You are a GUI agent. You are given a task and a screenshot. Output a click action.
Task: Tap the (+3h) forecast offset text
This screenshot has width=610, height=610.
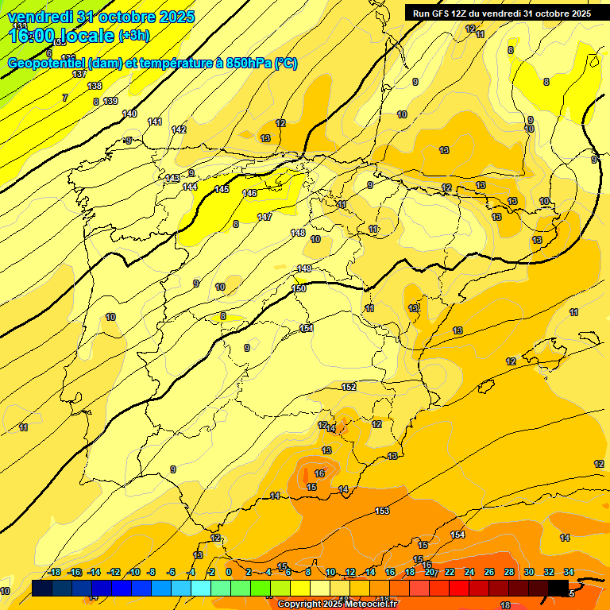pos(139,35)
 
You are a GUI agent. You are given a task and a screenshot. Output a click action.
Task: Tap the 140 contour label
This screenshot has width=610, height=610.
pos(129,114)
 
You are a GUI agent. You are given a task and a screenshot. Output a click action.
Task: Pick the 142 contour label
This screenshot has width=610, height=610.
pos(179,129)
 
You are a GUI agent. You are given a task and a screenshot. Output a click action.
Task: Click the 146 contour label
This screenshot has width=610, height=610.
pos(249,193)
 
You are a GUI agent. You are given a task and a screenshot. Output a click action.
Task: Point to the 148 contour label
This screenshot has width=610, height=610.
pos(298,233)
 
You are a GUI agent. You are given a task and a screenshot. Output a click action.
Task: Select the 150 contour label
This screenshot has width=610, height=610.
pos(299,288)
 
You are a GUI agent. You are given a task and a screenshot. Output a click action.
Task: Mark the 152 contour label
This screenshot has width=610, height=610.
pos(349,387)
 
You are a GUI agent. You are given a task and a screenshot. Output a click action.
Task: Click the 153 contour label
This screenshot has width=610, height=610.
pos(382,511)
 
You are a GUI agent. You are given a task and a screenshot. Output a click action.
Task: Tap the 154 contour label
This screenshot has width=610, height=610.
pos(457,535)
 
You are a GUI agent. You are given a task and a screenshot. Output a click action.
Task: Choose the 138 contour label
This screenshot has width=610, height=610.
pos(95,86)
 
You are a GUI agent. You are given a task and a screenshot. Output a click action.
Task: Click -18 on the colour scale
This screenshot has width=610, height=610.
pos(55,572)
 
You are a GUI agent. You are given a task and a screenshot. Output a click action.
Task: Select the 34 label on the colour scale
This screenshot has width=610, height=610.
pos(569,572)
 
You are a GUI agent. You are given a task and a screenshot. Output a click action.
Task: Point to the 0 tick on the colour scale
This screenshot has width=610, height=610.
pos(229,572)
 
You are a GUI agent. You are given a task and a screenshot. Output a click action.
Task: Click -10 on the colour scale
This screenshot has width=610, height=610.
pos(133,572)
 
